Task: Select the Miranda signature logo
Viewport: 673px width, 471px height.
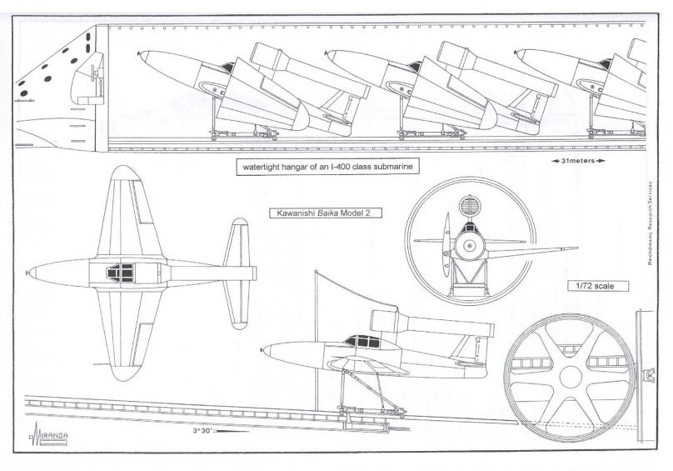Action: pyautogui.click(x=47, y=436)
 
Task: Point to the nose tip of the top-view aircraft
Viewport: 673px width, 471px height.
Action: pyautogui.click(x=30, y=273)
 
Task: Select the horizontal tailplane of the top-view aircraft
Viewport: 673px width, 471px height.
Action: pyautogui.click(x=239, y=272)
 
